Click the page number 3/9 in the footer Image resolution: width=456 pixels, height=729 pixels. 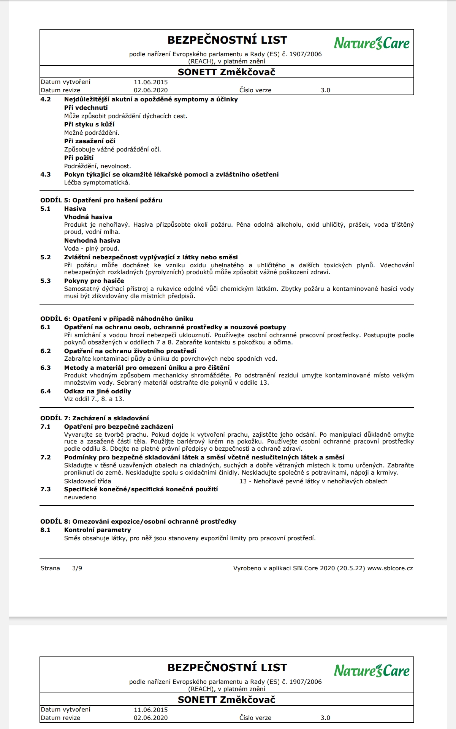click(77, 568)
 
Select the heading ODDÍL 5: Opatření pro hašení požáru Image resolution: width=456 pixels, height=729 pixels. click(101, 200)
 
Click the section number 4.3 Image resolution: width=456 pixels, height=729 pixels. click(46, 175)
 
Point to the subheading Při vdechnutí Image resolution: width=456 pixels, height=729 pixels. click(86, 108)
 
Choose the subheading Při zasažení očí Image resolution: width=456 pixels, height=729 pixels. click(89, 141)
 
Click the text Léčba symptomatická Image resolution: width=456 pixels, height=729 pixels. click(97, 183)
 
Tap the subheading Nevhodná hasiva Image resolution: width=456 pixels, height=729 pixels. click(92, 241)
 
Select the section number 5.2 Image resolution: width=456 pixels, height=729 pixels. click(46, 257)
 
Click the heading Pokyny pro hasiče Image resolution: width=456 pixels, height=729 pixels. click(94, 281)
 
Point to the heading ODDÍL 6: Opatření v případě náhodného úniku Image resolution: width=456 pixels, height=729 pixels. click(117, 319)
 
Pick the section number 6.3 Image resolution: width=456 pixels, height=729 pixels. click(46, 368)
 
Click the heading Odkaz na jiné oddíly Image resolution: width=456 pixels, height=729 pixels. click(97, 391)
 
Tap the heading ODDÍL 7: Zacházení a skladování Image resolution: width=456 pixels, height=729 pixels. click(95, 418)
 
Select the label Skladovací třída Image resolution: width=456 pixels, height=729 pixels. click(87, 481)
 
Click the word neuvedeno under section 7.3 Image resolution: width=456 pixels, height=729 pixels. click(80, 497)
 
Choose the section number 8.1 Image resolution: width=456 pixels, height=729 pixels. click(46, 530)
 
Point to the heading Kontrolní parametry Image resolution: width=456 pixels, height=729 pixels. click(97, 530)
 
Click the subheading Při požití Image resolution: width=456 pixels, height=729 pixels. click(79, 158)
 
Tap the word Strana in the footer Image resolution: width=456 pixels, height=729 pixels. click(50, 568)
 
